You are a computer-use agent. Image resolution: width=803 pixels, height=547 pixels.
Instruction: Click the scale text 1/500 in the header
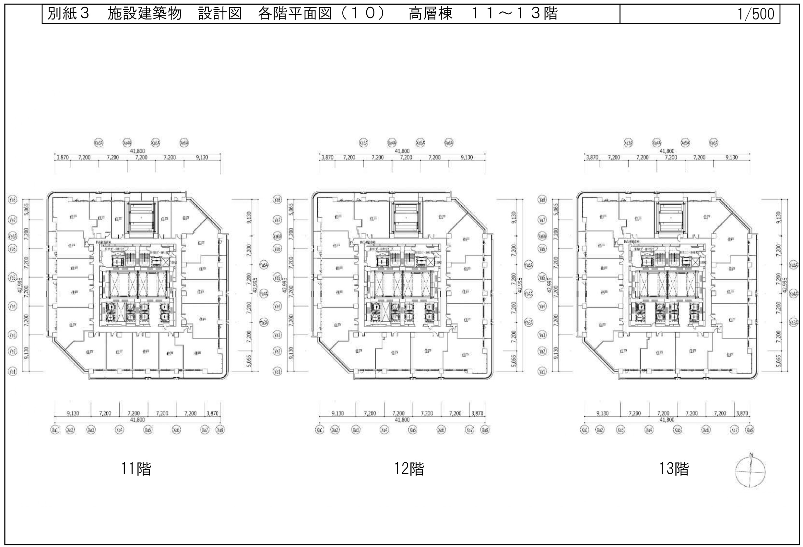coord(756,14)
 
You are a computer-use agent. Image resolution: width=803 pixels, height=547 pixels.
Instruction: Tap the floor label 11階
coord(136,469)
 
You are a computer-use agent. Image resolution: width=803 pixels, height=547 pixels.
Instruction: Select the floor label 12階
coord(409,469)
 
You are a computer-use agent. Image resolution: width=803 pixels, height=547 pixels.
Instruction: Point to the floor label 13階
coord(674,469)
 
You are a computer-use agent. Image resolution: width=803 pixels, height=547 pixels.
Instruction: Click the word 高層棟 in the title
coord(431,14)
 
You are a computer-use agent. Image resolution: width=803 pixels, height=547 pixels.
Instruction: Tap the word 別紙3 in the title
coord(68,14)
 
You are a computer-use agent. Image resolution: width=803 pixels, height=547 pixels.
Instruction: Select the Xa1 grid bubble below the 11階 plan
coord(55,430)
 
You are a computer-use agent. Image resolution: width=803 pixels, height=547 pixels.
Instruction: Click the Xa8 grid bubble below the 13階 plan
coord(750,430)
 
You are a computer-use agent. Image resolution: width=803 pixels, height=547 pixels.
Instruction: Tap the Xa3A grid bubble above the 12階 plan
coord(363,143)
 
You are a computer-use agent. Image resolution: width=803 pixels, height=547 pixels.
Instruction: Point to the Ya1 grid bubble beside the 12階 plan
coord(277,372)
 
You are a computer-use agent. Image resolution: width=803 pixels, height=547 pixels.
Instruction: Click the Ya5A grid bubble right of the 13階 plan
coord(794,265)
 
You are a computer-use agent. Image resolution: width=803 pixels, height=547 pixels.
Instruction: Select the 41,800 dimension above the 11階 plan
coord(137,151)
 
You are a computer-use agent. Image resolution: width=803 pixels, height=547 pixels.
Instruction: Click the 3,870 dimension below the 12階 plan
coord(477,413)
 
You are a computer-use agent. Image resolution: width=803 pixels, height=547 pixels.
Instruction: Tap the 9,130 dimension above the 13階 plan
coord(731,157)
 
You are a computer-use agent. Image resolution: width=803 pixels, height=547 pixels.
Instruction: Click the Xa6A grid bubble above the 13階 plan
coord(714,143)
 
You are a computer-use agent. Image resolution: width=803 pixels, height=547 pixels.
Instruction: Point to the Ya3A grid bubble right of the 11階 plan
coord(264,322)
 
